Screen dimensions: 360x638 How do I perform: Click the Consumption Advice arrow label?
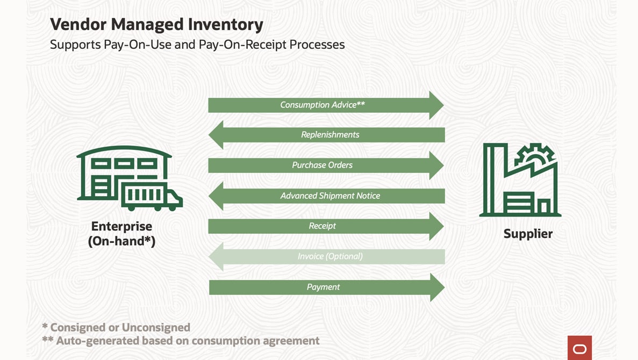pyautogui.click(x=322, y=105)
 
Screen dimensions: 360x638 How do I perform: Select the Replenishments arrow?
pyautogui.click(x=330, y=135)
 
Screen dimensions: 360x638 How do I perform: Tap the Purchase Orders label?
pyautogui.click(x=322, y=165)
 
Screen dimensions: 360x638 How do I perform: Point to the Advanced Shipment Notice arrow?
pyautogui.click(x=330, y=196)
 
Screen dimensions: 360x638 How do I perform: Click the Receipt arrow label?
pyautogui.click(x=322, y=226)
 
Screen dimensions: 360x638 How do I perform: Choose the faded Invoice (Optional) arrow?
pyautogui.click(x=330, y=257)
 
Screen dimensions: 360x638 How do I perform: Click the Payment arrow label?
pyautogui.click(x=323, y=287)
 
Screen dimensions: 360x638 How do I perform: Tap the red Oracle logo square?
pyautogui.click(x=579, y=348)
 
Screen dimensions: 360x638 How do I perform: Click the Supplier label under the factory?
pyautogui.click(x=528, y=234)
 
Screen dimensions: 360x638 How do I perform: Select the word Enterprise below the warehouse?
pyautogui.click(x=121, y=226)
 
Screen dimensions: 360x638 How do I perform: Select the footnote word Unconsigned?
pyautogui.click(x=156, y=327)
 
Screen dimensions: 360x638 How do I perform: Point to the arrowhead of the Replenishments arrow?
pyautogui.click(x=213, y=135)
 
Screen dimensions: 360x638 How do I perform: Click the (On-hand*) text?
pyautogui.click(x=121, y=241)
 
